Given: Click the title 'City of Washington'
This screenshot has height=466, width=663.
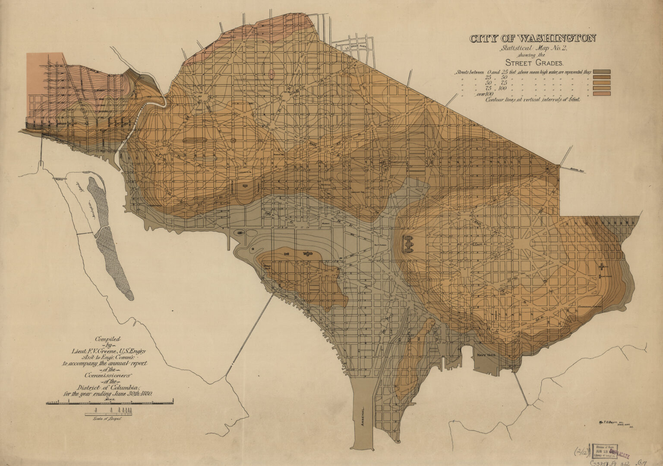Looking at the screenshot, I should [533, 38].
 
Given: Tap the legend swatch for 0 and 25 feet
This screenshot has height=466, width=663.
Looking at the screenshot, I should [602, 72].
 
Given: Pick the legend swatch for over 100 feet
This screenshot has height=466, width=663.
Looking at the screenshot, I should [602, 93].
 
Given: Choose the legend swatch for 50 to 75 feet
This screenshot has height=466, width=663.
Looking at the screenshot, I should [602, 83].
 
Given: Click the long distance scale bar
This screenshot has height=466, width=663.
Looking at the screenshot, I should [110, 403].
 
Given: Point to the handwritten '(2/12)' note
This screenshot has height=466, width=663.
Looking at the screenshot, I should [581, 452].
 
